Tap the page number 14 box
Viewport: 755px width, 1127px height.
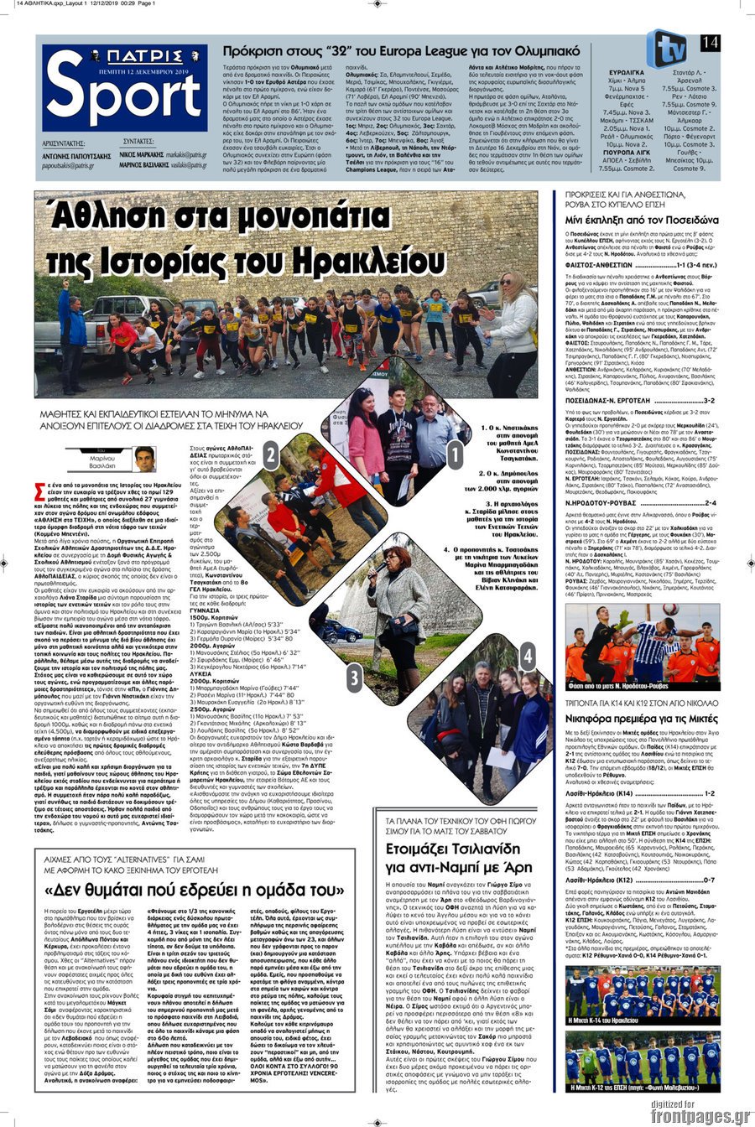(x=710, y=42)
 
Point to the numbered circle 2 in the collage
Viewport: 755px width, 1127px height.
(x=271, y=455)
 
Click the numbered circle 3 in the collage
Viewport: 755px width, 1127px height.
(x=355, y=677)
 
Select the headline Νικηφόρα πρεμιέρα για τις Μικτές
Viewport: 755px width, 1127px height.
(x=641, y=719)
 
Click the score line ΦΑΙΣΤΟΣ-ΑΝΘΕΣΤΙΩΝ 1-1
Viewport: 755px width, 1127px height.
(x=642, y=264)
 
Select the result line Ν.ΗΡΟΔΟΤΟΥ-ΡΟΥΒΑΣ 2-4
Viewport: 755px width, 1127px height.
(x=642, y=503)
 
